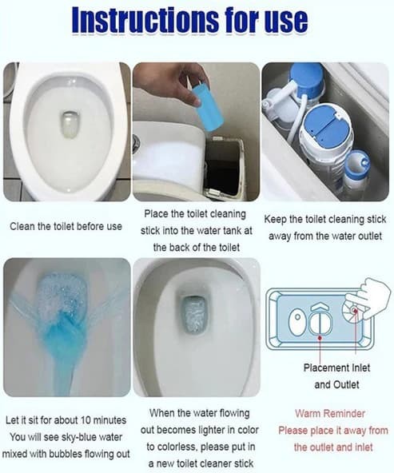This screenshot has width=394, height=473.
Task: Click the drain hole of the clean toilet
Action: click(x=70, y=124)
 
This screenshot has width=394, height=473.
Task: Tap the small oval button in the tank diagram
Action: click(x=296, y=321)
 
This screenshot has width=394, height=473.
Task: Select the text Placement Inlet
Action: click(x=336, y=368)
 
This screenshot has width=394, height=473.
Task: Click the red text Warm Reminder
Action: click(x=330, y=413)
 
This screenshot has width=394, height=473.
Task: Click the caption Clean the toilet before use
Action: click(x=66, y=226)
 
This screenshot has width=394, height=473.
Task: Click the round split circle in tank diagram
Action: click(x=320, y=322)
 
